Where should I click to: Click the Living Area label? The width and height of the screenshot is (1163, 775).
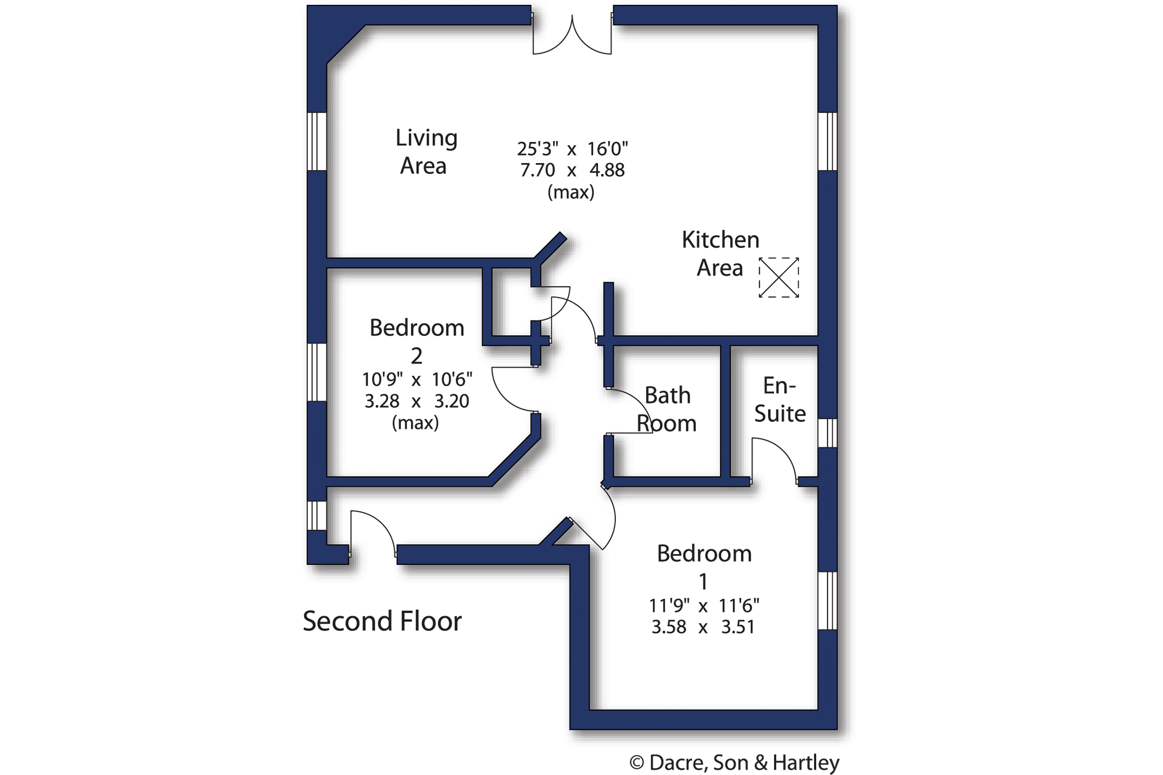coord(426,152)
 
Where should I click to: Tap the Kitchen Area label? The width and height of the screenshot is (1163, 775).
coord(720,254)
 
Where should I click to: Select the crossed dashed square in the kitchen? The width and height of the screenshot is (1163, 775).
coord(778,277)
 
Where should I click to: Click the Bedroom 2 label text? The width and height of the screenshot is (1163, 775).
coord(417,341)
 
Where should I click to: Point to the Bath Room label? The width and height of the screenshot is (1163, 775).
coord(666,409)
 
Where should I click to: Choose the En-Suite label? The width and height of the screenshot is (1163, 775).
coord(780,400)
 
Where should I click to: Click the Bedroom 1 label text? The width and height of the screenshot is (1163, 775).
coord(704,567)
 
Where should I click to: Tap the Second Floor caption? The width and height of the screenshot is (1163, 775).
coord(382,621)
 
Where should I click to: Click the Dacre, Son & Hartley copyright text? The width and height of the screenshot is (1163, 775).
coord(734,762)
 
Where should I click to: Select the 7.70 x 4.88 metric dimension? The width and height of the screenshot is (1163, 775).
coord(572,170)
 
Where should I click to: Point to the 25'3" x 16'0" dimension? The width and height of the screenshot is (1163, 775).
coord(572,149)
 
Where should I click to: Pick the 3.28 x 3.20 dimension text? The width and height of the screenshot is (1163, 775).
coord(417,401)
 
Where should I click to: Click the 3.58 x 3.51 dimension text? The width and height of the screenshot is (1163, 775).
coord(703,627)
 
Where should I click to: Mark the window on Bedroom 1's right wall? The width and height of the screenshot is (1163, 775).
coord(828,601)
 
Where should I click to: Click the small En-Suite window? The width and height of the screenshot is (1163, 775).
coord(828,433)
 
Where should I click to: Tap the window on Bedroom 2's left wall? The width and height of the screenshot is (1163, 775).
coord(317,372)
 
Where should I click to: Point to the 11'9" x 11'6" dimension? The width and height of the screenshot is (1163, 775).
coord(704,606)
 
